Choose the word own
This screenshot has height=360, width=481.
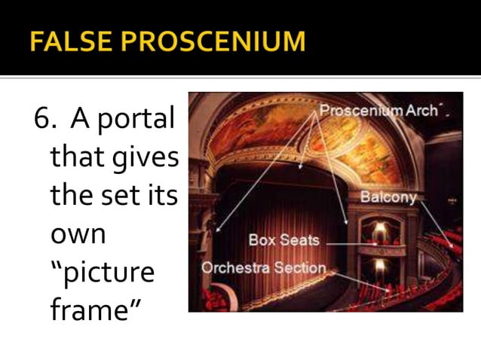pos(78,234)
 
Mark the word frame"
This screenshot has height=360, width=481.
pos(90,310)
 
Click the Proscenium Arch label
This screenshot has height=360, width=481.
pos(378,111)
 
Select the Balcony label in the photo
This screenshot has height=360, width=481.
pos(388,197)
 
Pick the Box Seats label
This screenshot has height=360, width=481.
pos(284,241)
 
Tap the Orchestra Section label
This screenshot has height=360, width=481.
pos(263,267)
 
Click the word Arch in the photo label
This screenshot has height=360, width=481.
pos(421,111)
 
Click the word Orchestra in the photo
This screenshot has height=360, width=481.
pos(236,267)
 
